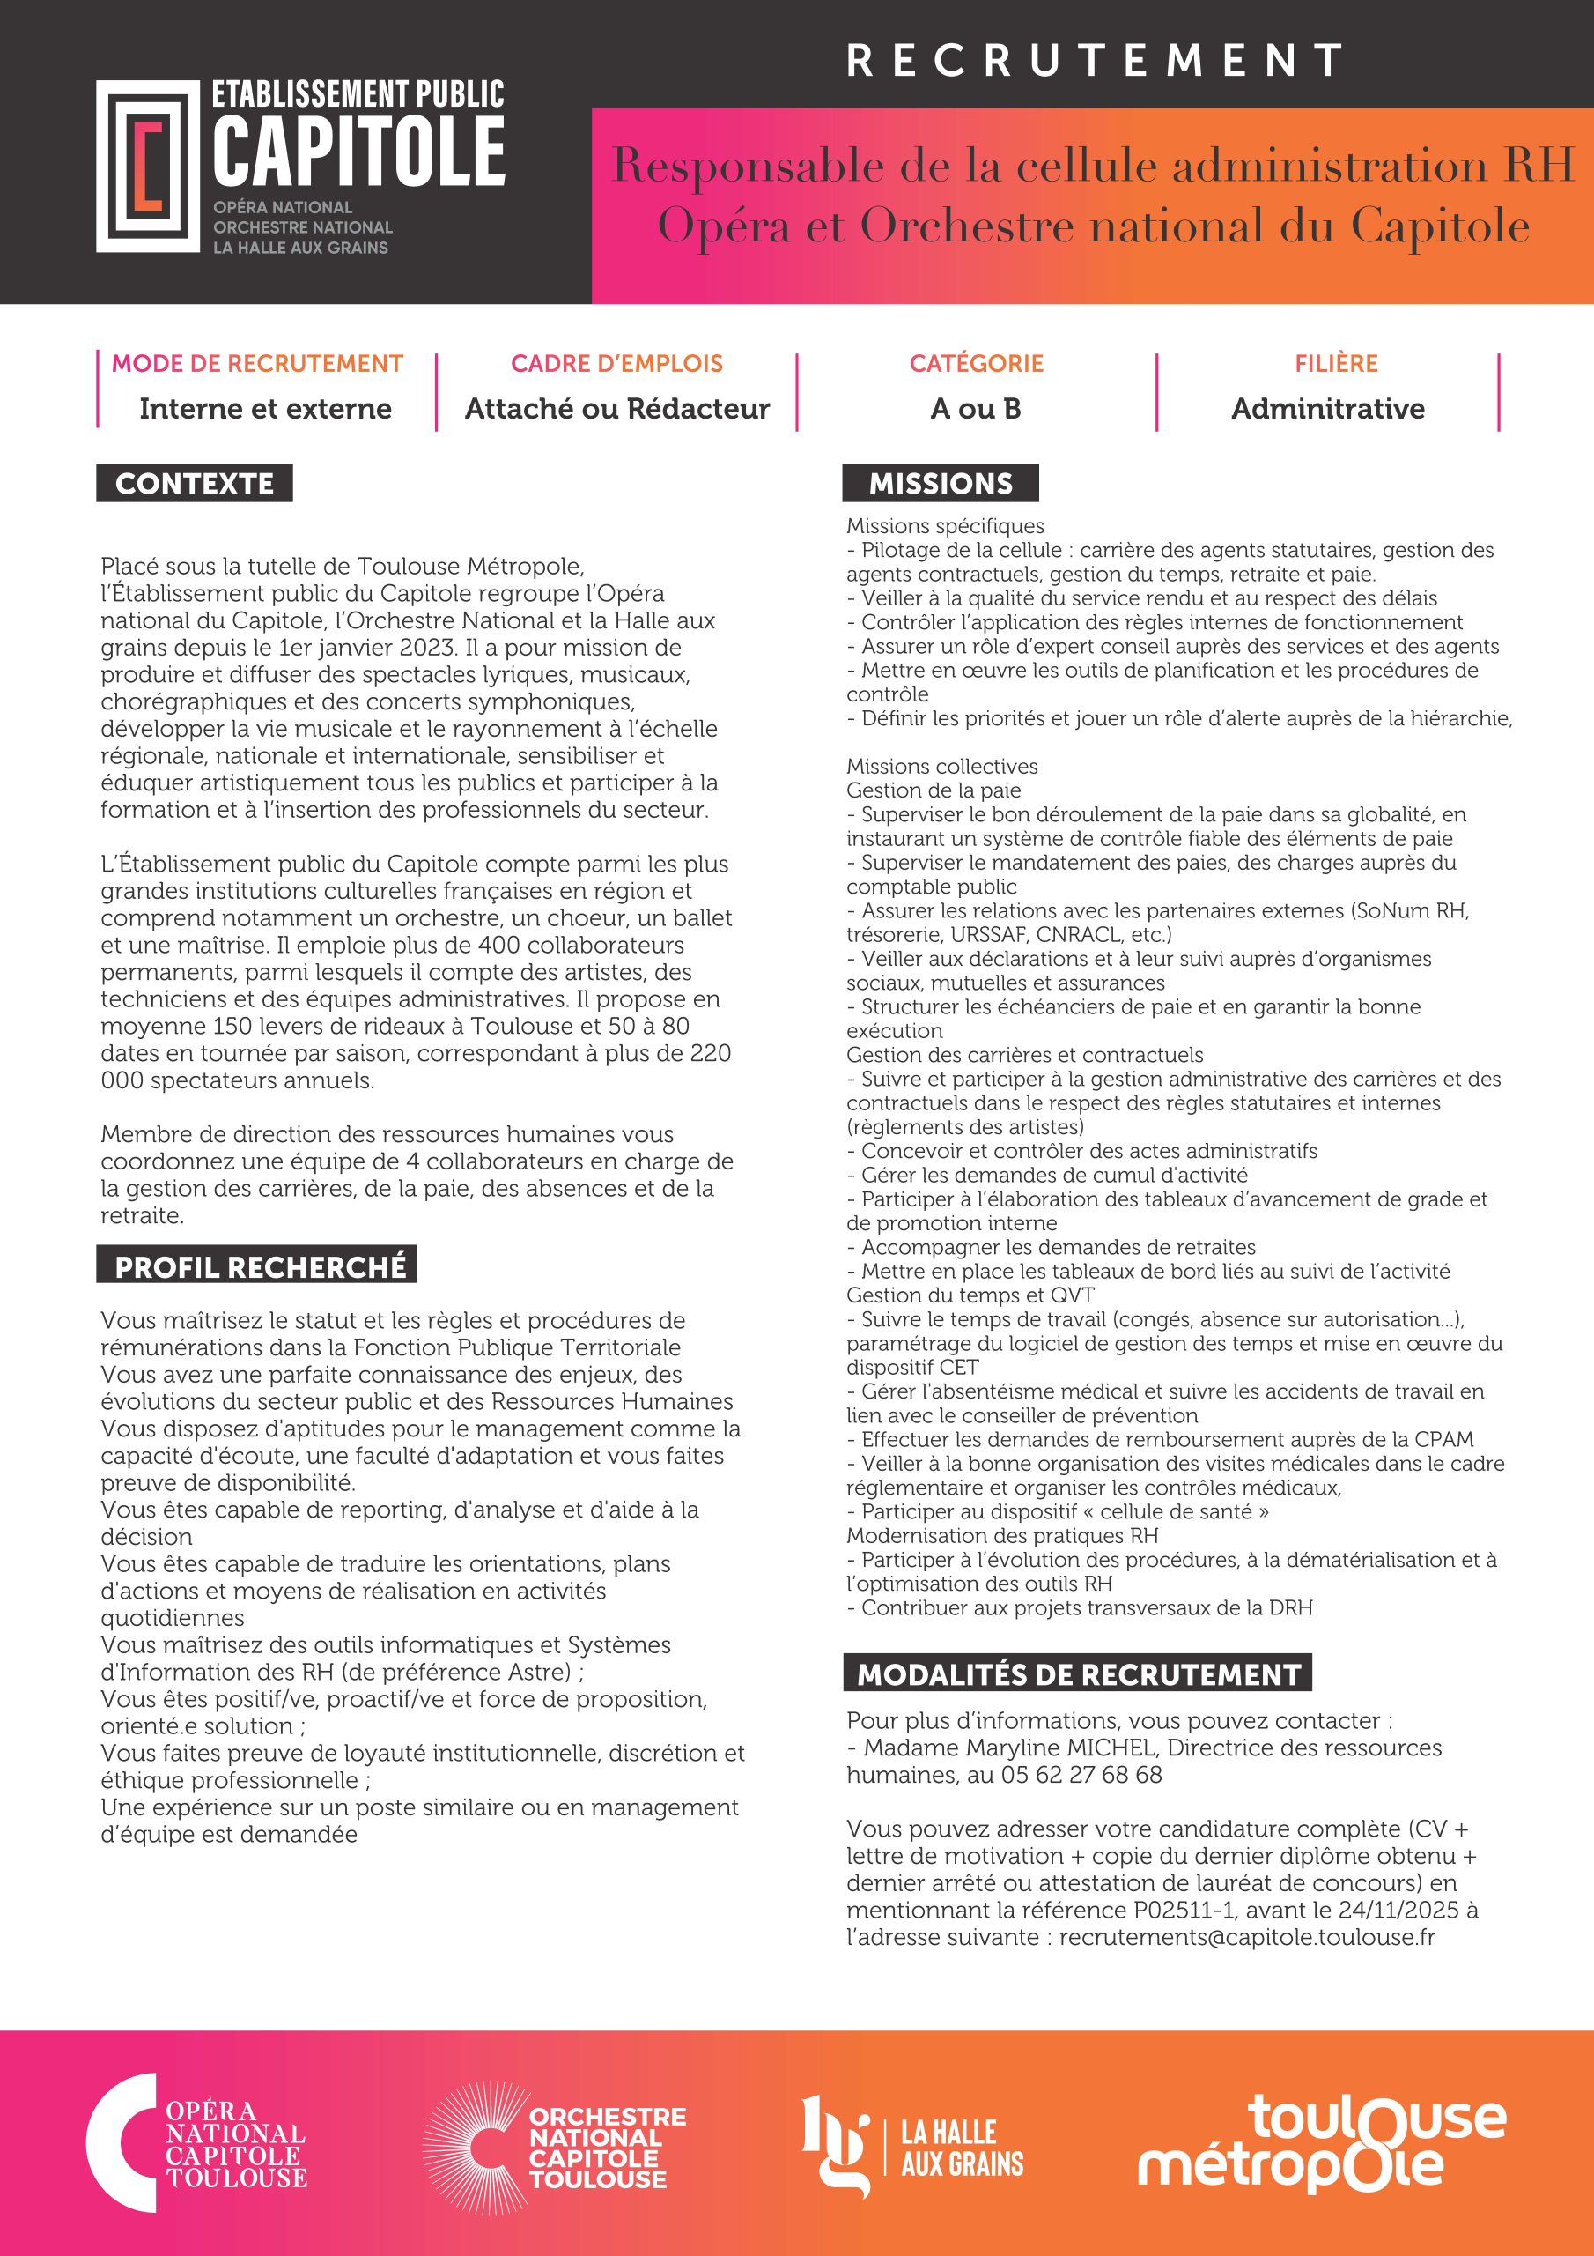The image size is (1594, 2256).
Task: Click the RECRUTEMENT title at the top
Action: (1094, 60)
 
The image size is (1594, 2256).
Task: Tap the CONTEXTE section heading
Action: (195, 484)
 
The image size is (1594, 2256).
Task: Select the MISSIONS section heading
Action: (940, 484)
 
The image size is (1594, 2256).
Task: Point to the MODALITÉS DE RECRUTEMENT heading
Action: (1077, 1674)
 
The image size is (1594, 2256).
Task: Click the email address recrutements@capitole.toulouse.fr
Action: (1246, 1937)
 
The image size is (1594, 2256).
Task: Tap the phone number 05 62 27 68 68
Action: (1081, 1775)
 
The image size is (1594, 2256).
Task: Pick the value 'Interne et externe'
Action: (265, 409)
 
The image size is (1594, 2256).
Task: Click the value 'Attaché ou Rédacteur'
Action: (616, 409)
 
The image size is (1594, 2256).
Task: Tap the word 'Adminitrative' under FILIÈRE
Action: (1328, 409)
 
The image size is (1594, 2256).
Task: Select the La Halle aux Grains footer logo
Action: (912, 2147)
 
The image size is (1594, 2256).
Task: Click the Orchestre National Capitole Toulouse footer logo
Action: (555, 2147)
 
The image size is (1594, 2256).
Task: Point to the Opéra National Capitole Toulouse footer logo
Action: (196, 2147)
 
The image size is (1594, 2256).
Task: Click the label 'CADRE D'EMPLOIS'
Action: (616, 364)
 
